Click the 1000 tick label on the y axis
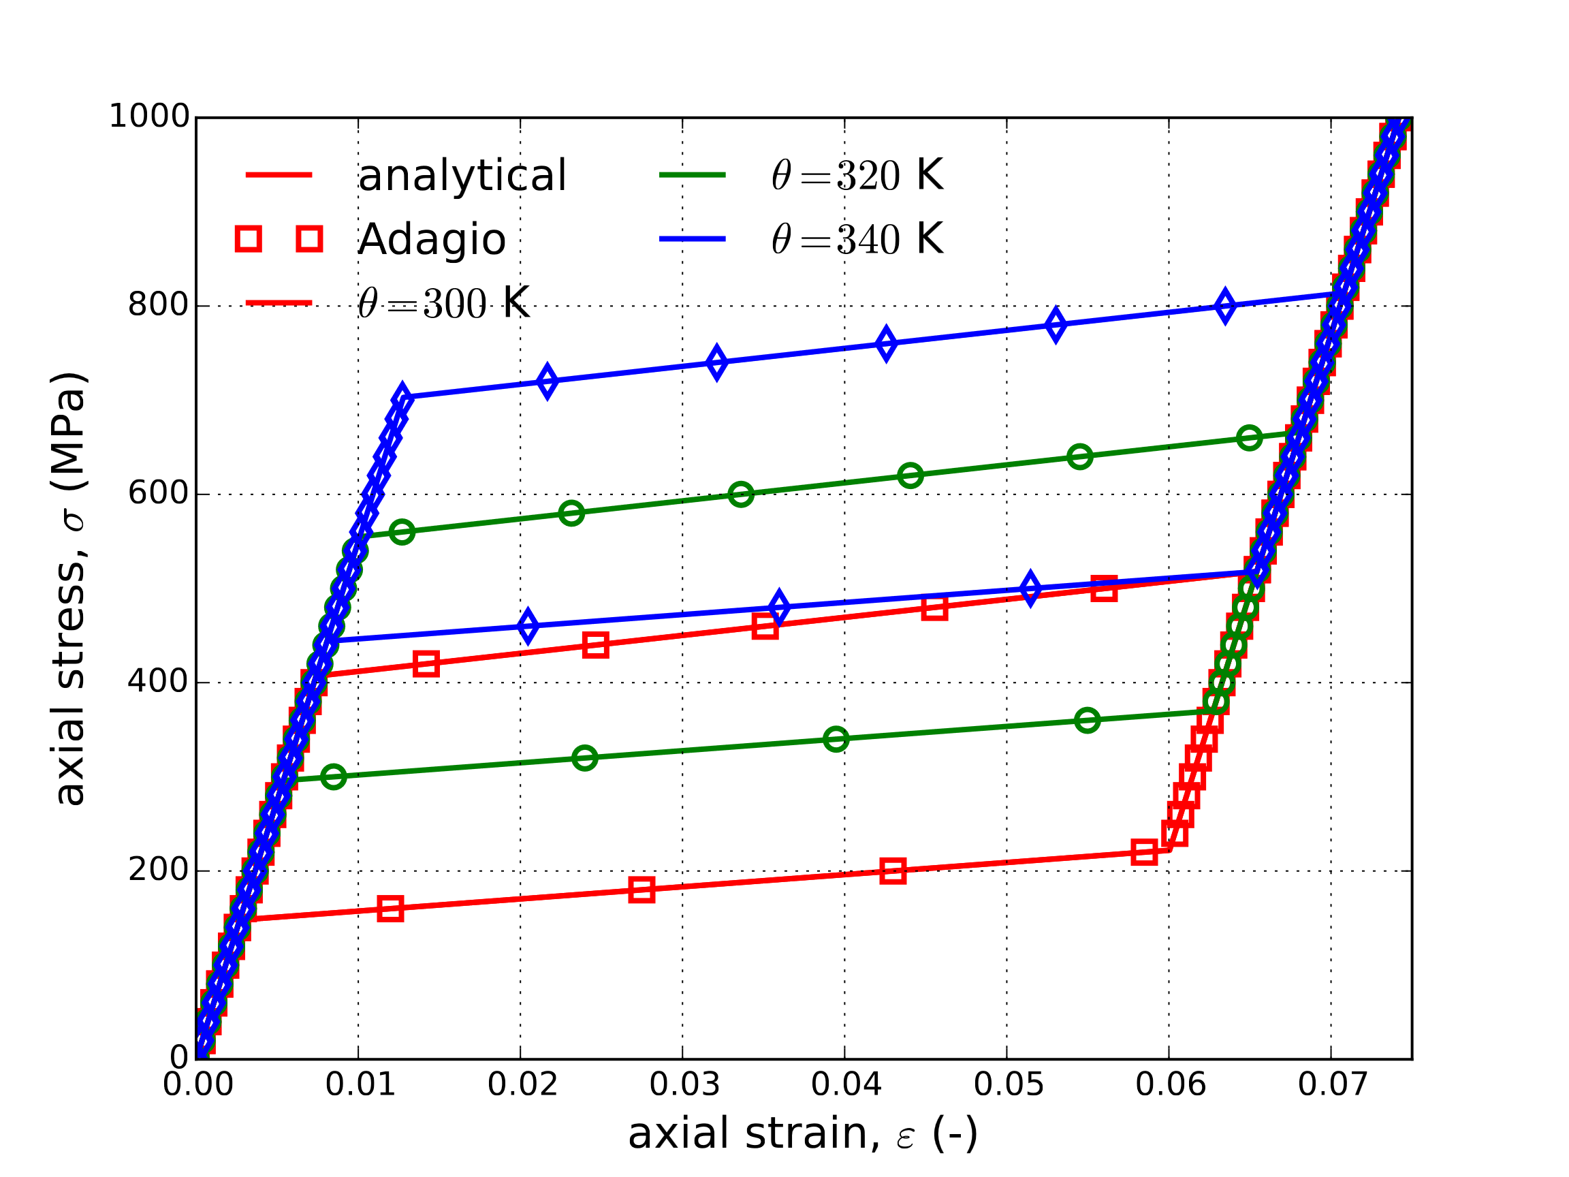149,116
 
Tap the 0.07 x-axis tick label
1332,1085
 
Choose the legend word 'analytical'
462,175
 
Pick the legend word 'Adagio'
431,239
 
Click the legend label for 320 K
857,175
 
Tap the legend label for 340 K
857,239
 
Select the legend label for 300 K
443,304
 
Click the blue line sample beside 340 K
693,239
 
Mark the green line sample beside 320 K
693,175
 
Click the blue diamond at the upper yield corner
402,398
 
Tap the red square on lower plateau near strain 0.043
892,870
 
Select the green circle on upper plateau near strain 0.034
740,495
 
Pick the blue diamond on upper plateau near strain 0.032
716,363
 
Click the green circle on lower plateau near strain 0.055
1087,721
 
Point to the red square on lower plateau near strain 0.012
390,909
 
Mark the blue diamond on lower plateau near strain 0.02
527,627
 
